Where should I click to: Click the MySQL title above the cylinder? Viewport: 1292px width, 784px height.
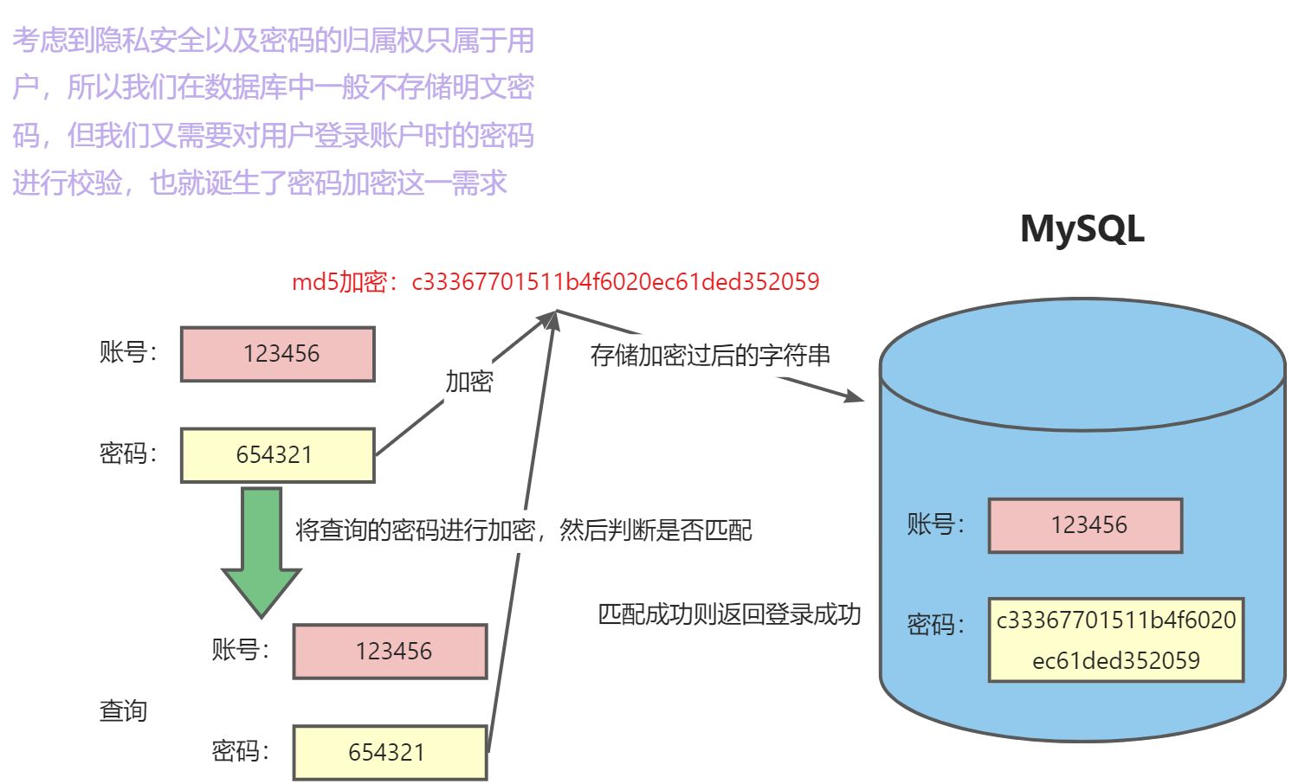pos(1082,229)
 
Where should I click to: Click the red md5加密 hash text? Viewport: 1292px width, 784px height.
pos(555,282)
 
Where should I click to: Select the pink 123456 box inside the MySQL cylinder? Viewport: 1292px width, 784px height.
pos(1085,525)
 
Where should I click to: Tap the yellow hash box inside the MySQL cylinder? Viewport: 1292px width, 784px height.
pos(1115,639)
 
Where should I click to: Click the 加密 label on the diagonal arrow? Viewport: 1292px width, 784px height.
pos(468,381)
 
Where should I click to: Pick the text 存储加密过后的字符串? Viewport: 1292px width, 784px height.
pos(710,355)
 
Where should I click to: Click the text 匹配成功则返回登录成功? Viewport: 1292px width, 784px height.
pos(729,614)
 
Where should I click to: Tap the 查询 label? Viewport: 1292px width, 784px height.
pos(123,710)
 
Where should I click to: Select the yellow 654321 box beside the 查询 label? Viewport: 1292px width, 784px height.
pos(390,752)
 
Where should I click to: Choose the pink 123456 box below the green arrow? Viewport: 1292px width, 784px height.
pos(390,651)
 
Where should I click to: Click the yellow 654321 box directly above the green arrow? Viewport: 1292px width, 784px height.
pos(277,455)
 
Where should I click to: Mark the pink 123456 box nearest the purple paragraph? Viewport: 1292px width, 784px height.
pos(277,354)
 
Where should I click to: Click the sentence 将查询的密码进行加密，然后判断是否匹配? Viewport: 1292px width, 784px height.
pos(523,530)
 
